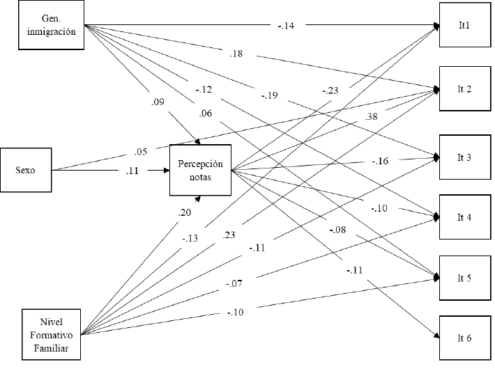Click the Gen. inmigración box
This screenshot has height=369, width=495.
click(x=51, y=25)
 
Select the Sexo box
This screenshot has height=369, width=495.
click(x=26, y=170)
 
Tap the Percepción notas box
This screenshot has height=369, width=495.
click(x=201, y=171)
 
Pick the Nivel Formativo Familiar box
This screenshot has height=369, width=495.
click(x=51, y=335)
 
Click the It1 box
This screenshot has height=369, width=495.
click(x=465, y=25)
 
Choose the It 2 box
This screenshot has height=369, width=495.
click(x=465, y=88)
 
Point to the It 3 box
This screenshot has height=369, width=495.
click(x=465, y=157)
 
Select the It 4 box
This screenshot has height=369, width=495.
click(x=465, y=217)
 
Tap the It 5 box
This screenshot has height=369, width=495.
click(x=465, y=278)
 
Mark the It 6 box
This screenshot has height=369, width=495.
click(x=465, y=338)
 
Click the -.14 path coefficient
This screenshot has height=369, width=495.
click(x=286, y=26)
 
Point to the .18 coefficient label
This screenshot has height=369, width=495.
click(x=236, y=54)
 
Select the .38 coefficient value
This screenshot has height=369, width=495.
click(x=371, y=116)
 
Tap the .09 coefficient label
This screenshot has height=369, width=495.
click(x=158, y=102)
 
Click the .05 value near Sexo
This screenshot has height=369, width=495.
click(x=140, y=152)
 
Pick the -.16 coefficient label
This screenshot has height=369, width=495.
click(x=380, y=161)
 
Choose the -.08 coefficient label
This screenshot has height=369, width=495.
click(x=338, y=230)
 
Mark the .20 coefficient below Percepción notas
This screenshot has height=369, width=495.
click(x=184, y=212)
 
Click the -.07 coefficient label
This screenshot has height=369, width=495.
click(x=234, y=283)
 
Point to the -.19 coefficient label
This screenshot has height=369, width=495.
click(x=269, y=95)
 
